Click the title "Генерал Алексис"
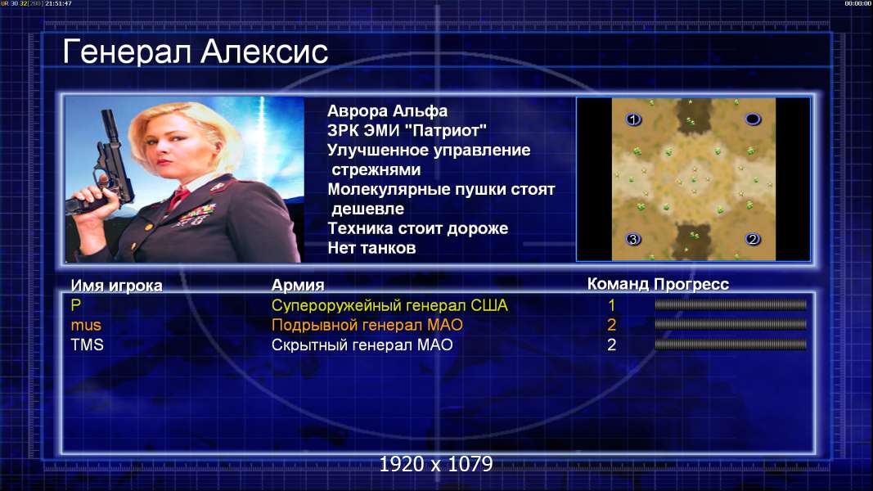pyautogui.click(x=195, y=52)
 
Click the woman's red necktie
pyautogui.click(x=178, y=198)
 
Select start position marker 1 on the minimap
pyautogui.click(x=633, y=119)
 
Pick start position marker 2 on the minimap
pyautogui.click(x=753, y=240)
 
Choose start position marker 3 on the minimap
pyautogui.click(x=633, y=240)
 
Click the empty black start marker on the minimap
pyautogui.click(x=753, y=119)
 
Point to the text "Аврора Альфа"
pyautogui.click(x=387, y=110)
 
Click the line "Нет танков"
pyautogui.click(x=371, y=248)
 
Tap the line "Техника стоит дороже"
pyautogui.click(x=417, y=228)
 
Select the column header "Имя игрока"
pyautogui.click(x=116, y=286)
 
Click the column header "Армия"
pyautogui.click(x=297, y=286)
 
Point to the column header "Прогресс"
pyautogui.click(x=691, y=284)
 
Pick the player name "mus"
pyautogui.click(x=86, y=325)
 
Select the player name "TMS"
pyautogui.click(x=87, y=345)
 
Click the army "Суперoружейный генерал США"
pyautogui.click(x=389, y=305)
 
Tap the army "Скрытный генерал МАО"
pyautogui.click(x=362, y=345)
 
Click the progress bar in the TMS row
pyautogui.click(x=731, y=345)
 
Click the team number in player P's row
pyautogui.click(x=611, y=305)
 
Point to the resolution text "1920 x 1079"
pyautogui.click(x=436, y=464)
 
